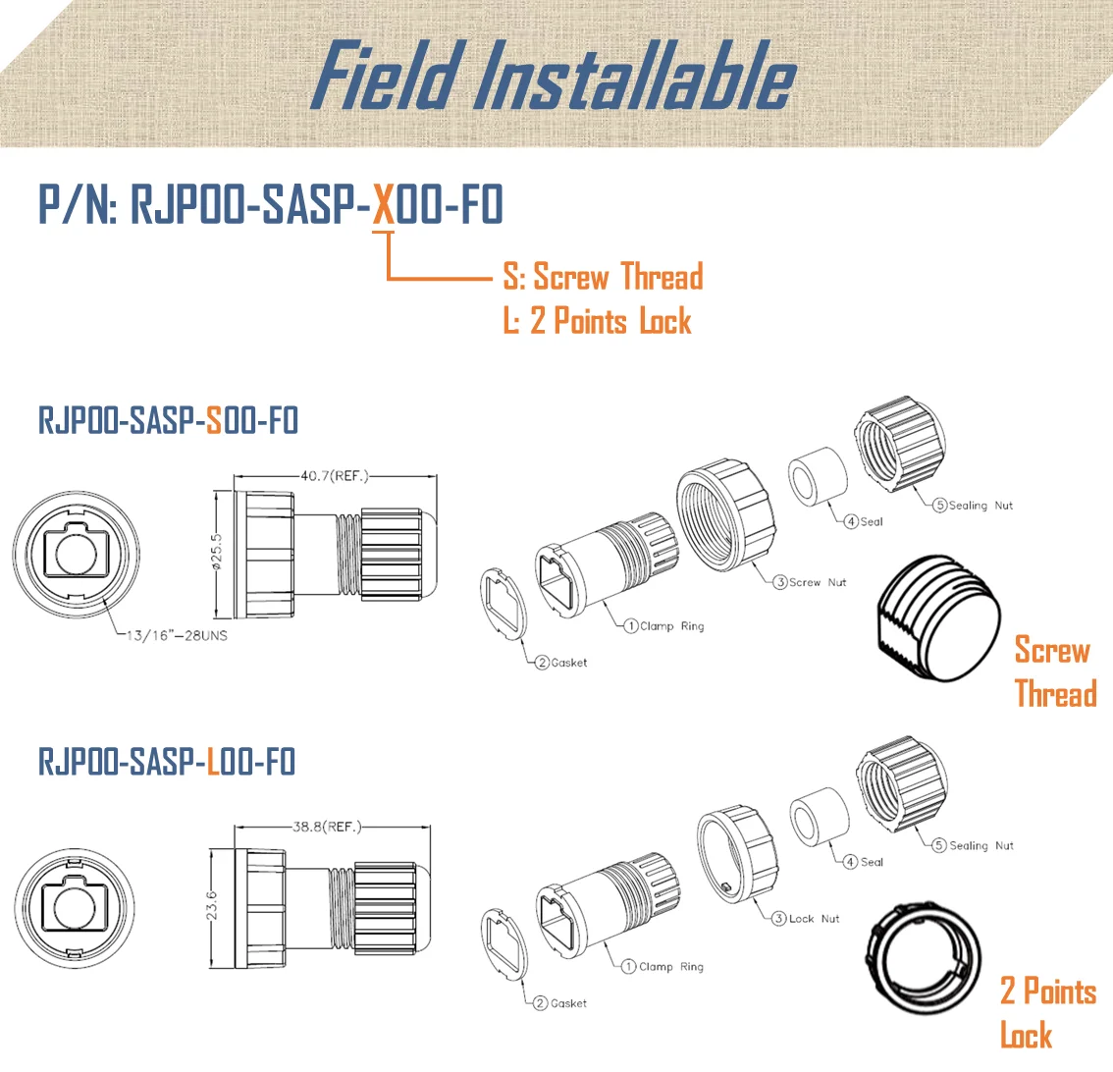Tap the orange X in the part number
click(x=384, y=205)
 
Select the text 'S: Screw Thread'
click(x=603, y=278)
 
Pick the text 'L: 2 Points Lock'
click(x=597, y=321)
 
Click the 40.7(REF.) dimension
click(x=334, y=476)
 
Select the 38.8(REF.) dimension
click(x=327, y=827)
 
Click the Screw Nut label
click(x=817, y=582)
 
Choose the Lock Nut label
click(x=814, y=919)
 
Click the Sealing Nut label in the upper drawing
click(x=980, y=506)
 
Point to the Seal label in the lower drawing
click(x=871, y=862)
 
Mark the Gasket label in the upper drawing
click(x=568, y=663)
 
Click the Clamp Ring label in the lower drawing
click(x=670, y=967)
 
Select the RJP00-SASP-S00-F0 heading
click(x=168, y=420)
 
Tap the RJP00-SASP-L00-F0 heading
click(x=167, y=762)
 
